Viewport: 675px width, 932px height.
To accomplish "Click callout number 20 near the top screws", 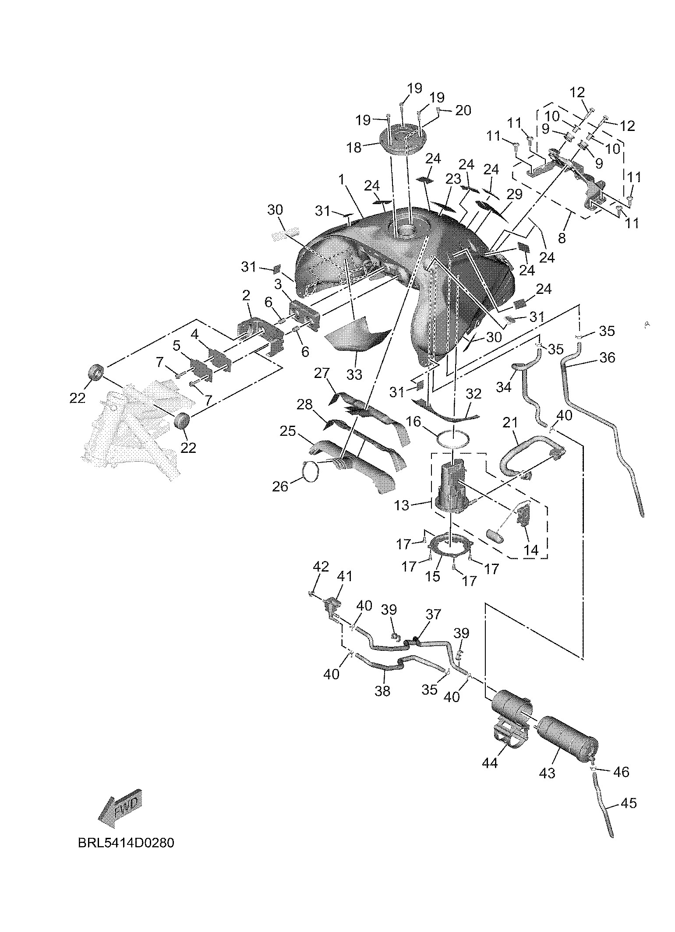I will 463,110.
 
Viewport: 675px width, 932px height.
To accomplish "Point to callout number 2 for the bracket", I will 246,296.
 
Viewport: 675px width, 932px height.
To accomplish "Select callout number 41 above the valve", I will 344,576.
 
